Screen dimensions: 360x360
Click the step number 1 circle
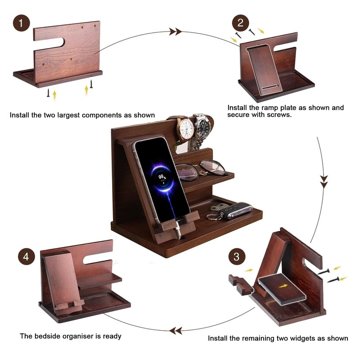(22, 23)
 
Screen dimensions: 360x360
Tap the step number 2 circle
(240, 23)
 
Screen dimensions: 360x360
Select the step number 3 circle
(236, 258)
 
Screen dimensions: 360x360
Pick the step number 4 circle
(27, 257)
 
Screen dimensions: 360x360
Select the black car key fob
(238, 211)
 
